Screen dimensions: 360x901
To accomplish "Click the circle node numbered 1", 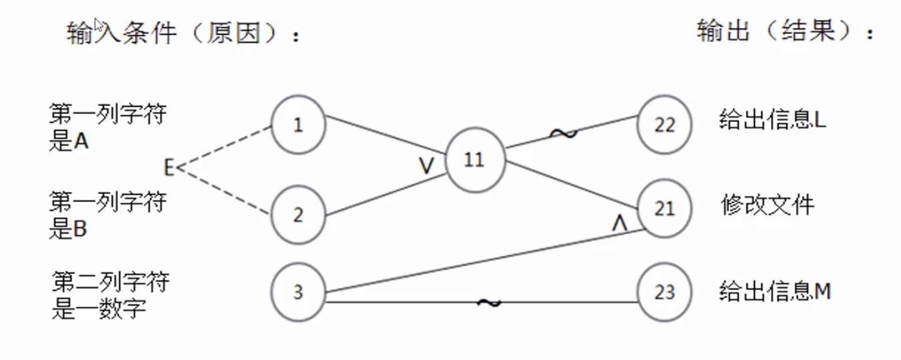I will (297, 125).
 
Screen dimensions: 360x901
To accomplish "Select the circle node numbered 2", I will (297, 215).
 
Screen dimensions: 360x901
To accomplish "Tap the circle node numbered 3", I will (297, 292).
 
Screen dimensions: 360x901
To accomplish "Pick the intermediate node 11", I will (474, 161).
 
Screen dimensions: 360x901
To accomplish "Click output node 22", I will (664, 125).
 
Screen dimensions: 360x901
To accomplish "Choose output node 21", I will (664, 209).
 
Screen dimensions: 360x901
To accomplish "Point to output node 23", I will (664, 292).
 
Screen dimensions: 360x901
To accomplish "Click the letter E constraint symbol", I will (169, 167).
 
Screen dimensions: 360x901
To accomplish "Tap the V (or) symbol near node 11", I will (426, 166).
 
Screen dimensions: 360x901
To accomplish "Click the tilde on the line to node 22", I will (564, 133).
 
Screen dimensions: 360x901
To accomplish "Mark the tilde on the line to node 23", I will (489, 303).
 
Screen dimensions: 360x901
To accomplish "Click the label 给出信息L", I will (773, 120).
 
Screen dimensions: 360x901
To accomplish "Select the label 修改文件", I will (768, 205).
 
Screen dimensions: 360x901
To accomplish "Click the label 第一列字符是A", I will (107, 127).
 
